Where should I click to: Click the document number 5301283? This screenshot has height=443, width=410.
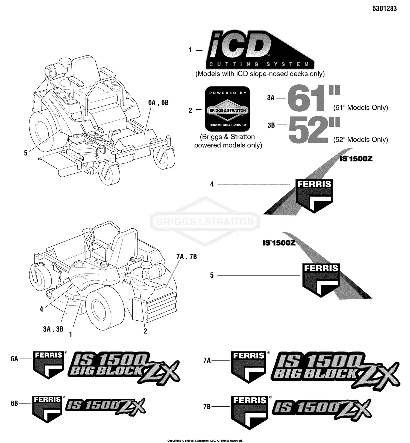pyautogui.click(x=384, y=8)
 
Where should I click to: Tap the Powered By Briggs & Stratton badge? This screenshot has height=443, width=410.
pyautogui.click(x=228, y=109)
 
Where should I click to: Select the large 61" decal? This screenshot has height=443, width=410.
pyautogui.click(x=313, y=98)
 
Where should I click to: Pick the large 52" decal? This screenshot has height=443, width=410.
pyautogui.click(x=314, y=130)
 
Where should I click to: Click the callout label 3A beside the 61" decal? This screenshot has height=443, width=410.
pyautogui.click(x=271, y=97)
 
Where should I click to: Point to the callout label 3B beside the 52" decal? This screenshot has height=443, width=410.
pyautogui.click(x=271, y=125)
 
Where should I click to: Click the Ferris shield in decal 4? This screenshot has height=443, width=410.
pyautogui.click(x=314, y=195)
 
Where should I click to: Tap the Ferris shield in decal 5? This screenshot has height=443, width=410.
pyautogui.click(x=321, y=279)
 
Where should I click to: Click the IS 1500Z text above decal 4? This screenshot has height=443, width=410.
pyautogui.click(x=356, y=159)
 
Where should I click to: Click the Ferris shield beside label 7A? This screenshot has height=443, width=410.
pyautogui.click(x=249, y=366)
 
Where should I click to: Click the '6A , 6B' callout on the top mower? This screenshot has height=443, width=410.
pyautogui.click(x=158, y=103)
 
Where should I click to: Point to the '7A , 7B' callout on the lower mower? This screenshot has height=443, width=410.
pyautogui.click(x=186, y=257)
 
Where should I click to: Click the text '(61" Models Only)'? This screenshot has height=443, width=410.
pyautogui.click(x=361, y=108)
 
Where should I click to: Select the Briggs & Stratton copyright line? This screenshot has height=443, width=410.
pyautogui.click(x=205, y=441)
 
